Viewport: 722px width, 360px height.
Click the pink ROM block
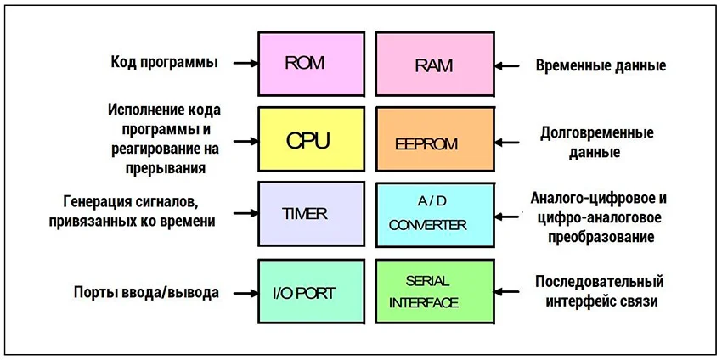pos(311,64)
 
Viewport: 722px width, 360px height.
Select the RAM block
pos(434,64)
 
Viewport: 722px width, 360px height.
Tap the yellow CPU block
pos(311,140)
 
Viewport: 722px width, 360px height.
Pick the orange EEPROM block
pos(434,142)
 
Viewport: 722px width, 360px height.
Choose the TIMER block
pos(311,213)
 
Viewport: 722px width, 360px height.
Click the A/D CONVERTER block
pos(434,213)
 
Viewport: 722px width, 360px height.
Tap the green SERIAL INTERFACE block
pos(434,291)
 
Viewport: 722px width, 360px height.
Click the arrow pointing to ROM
pos(245,63)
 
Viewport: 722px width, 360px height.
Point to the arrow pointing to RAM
pos(507,64)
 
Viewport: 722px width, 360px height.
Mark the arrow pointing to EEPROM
pos(507,143)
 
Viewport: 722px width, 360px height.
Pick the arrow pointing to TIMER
pos(245,213)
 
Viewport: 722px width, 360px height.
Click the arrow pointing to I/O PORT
pos(245,292)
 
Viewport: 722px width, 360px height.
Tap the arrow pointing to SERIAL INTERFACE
pos(507,291)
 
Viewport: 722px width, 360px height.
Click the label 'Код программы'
pos(164,63)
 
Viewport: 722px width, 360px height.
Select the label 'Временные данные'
pos(600,65)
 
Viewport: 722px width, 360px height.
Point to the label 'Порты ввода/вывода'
pos(146,293)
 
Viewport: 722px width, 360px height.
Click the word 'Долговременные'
pos(596,134)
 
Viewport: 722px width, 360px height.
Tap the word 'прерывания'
pos(165,167)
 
